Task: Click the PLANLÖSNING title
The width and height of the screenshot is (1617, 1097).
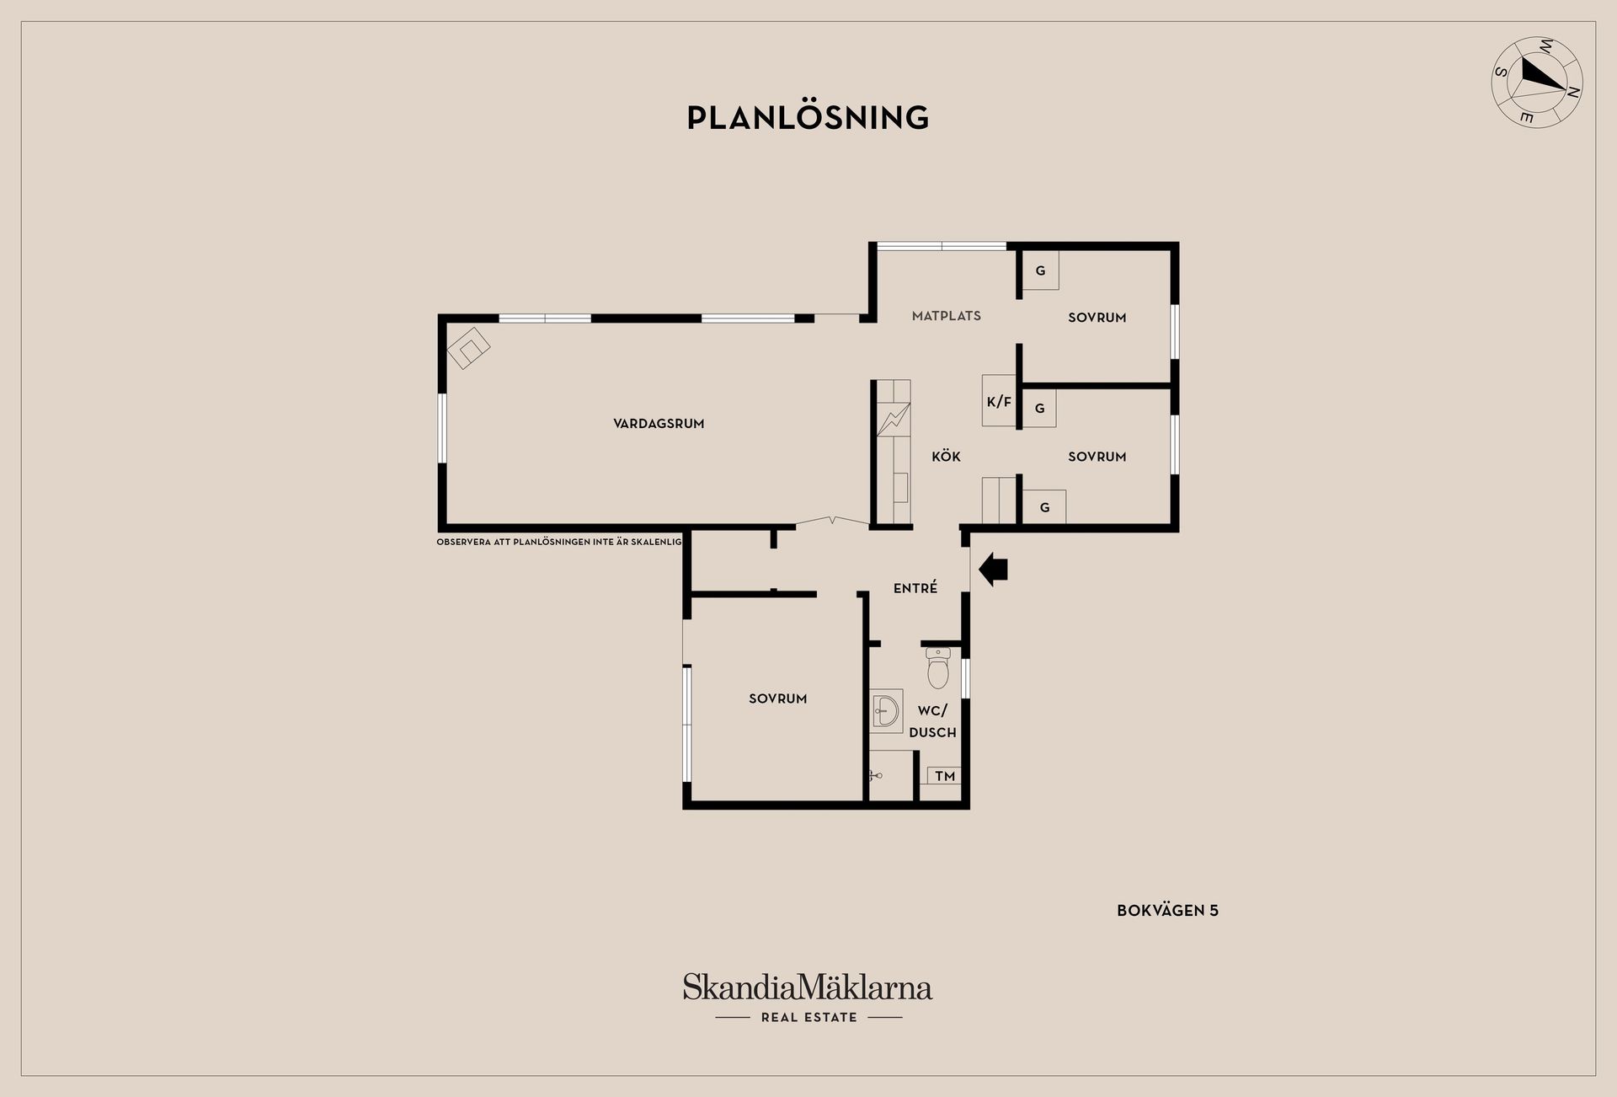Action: point(808,117)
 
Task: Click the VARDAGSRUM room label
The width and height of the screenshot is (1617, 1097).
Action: point(659,424)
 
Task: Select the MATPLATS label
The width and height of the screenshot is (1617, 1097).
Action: point(947,316)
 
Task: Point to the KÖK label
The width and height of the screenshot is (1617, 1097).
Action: point(946,457)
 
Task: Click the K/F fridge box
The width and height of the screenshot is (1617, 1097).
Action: point(1000,400)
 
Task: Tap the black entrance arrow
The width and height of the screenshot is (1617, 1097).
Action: point(994,569)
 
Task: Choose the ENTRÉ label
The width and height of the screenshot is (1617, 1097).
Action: point(915,588)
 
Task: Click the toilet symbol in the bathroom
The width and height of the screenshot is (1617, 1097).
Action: point(938,667)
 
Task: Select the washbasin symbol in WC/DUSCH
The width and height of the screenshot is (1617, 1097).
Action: point(886,710)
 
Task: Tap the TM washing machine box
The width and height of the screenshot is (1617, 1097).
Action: point(944,776)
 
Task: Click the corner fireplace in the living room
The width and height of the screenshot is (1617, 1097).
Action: point(468,347)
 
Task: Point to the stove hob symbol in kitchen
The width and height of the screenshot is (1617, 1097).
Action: point(894,420)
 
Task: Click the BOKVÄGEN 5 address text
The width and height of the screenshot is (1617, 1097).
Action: point(1167,910)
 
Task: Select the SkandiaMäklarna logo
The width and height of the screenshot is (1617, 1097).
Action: point(808,987)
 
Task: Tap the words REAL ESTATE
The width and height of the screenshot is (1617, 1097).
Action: point(808,1018)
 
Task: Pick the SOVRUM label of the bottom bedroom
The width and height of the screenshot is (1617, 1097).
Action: point(778,698)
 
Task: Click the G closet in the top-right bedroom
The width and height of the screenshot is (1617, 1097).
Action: point(1039,271)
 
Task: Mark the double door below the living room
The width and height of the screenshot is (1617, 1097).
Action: point(832,521)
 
